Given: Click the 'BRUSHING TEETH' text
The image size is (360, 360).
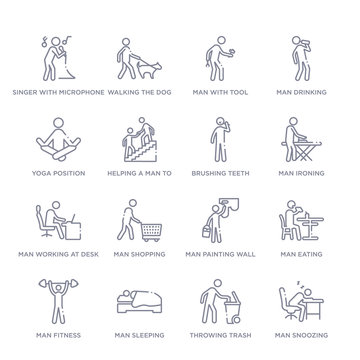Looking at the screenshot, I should coord(219,172).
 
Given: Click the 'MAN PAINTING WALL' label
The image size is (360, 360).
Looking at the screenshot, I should coord(220,254).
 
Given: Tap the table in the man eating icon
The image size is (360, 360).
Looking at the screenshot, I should coord(317,225).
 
